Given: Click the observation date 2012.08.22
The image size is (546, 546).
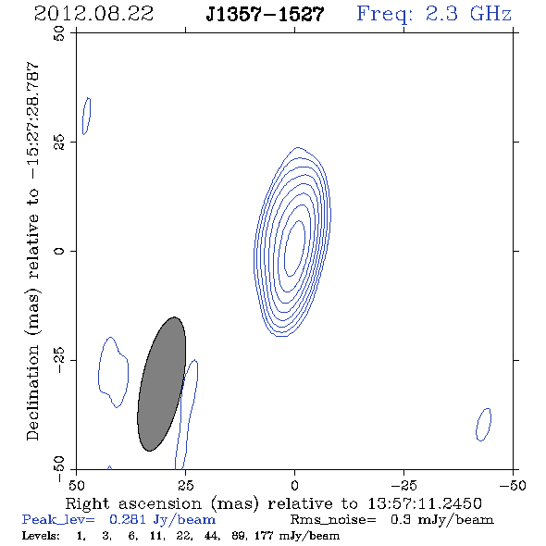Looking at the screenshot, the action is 93,14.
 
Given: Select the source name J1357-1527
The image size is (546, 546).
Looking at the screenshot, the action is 265,14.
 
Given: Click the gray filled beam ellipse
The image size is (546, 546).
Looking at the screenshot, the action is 162,384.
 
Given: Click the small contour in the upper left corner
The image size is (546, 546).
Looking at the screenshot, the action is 87,116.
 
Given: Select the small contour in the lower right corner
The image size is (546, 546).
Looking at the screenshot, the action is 483,425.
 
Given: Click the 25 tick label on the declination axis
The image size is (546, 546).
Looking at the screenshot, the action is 59,142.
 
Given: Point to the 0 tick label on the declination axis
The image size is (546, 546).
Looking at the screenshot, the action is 59,251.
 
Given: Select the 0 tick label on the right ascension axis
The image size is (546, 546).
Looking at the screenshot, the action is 294,485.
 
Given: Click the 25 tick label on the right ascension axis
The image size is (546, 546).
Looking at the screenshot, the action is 185,485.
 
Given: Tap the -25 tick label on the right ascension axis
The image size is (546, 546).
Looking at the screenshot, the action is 403,485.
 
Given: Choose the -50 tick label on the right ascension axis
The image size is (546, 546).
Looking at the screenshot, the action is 513,485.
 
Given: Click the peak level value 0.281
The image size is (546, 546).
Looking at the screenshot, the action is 128,519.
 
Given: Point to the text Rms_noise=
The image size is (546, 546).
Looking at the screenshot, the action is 333,520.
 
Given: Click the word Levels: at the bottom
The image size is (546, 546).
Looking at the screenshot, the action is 41,536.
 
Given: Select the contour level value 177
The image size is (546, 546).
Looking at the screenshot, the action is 264,536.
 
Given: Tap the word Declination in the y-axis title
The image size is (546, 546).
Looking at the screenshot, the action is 32,393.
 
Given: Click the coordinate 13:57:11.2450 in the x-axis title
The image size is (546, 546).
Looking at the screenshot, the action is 425,503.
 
